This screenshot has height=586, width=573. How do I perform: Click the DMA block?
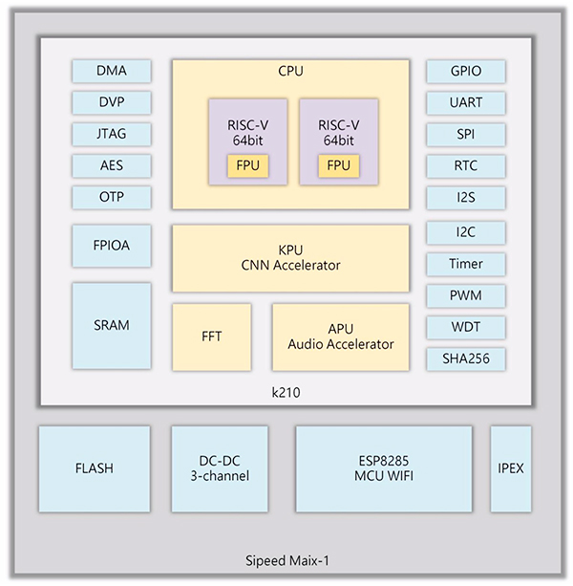point(112,71)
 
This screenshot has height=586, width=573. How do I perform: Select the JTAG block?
point(112,134)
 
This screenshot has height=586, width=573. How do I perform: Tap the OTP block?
point(112,197)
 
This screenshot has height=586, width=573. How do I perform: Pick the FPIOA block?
point(112,246)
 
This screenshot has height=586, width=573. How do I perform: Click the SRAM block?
point(112,325)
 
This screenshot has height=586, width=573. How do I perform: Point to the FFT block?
point(211,336)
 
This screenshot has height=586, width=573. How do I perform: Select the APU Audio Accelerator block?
point(340,336)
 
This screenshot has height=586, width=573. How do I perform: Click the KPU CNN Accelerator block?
point(290,258)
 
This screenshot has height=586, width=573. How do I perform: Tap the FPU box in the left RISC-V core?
point(247,165)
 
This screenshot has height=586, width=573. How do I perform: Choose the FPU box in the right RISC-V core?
point(338,165)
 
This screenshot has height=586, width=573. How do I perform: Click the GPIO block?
point(466,71)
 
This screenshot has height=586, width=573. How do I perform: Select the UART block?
point(466,102)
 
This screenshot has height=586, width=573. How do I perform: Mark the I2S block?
point(466,198)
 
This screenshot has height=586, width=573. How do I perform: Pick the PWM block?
point(466,295)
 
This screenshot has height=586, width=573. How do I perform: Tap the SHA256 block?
point(466,358)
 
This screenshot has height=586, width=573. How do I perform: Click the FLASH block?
point(95,468)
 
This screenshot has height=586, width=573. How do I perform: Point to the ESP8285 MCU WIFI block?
point(383,468)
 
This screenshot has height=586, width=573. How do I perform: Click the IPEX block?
point(511,468)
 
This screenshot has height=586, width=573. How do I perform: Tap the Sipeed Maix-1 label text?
point(286,559)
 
